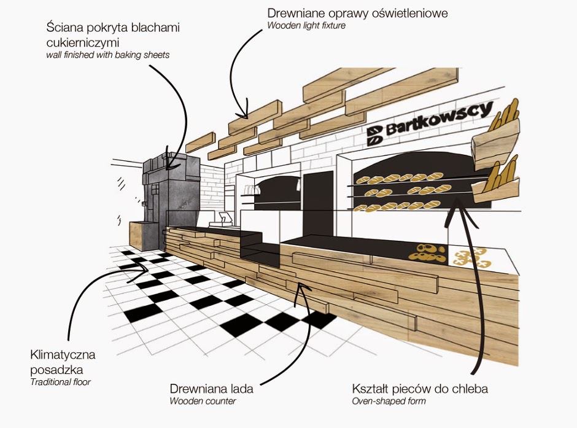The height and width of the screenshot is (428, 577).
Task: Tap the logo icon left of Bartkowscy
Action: pyautogui.click(x=375, y=136)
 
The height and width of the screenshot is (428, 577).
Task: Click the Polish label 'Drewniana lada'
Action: pyautogui.click(x=211, y=389)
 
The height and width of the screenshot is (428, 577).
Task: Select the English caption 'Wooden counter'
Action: pyautogui.click(x=203, y=401)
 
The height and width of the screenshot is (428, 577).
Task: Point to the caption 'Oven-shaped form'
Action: pyautogui.click(x=389, y=401)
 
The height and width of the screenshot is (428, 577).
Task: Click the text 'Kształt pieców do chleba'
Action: pyautogui.click(x=420, y=389)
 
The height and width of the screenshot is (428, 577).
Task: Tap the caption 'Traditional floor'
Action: pyautogui.click(x=60, y=382)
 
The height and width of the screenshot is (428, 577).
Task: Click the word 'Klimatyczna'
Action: pyautogui.click(x=63, y=355)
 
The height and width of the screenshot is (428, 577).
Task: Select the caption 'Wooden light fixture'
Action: pyautogui.click(x=306, y=26)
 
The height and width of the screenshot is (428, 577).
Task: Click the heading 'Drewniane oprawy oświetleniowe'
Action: pyautogui.click(x=357, y=14)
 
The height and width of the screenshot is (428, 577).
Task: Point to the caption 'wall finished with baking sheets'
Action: pyautogui.click(x=108, y=55)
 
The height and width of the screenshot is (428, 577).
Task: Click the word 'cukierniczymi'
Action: pyautogui.click(x=83, y=42)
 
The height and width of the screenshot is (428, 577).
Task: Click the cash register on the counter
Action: pyautogui.click(x=222, y=220)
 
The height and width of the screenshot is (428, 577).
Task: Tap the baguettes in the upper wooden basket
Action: pyautogui.click(x=504, y=115)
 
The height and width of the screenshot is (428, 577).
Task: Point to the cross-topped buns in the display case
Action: pyautogui.click(x=472, y=258)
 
